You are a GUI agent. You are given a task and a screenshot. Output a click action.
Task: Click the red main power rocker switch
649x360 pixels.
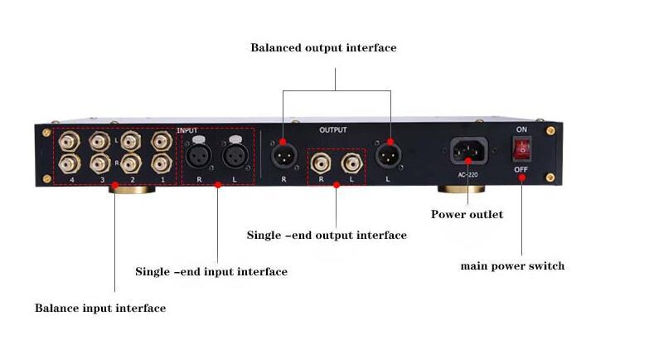[521, 149]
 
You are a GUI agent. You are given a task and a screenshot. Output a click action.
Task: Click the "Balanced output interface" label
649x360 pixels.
[323, 48]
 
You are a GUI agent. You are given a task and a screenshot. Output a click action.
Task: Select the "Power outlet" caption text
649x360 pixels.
[467, 215]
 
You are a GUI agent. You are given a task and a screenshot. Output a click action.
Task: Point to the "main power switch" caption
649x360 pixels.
[512, 266]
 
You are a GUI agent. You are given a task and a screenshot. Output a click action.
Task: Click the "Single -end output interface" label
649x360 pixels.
[327, 236]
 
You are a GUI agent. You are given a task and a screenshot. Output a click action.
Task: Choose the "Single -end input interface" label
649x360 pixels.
[211, 272]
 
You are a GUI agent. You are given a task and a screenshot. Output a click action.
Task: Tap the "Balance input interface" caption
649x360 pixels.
[100, 309]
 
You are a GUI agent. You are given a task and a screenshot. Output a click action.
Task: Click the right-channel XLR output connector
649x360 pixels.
[283, 155]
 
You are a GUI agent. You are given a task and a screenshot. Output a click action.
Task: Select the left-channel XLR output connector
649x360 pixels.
[388, 155]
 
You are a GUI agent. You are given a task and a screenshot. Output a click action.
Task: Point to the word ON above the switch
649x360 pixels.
[521, 130]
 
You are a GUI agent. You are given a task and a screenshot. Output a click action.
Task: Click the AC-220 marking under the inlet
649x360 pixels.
[468, 174]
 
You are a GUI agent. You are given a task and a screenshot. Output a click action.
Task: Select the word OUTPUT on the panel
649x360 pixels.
[333, 130]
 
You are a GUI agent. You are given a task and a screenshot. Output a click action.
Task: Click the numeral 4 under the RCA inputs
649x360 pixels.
[72, 180]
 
